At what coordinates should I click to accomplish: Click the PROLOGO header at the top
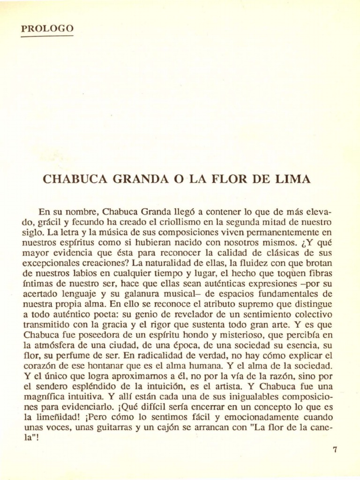(x=47, y=29)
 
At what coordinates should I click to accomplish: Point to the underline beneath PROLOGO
(x=47, y=36)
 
